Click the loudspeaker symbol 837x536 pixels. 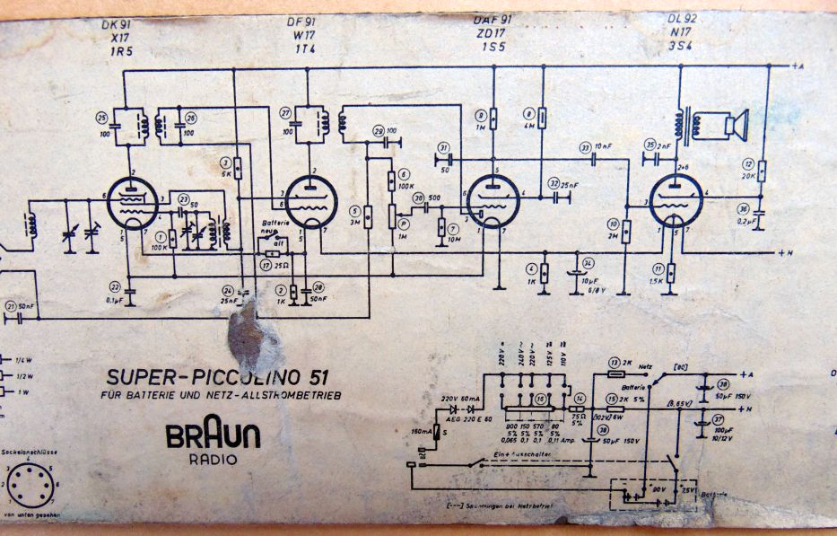(735, 124)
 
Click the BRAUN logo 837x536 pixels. (213, 436)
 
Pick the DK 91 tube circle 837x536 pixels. (131, 199)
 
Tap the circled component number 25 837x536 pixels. (101, 117)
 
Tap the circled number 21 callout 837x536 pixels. (11, 307)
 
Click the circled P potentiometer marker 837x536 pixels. (403, 223)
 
